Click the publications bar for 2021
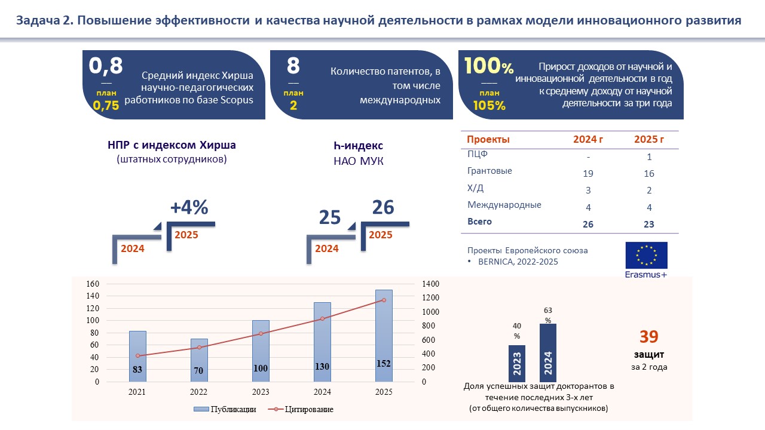pyautogui.click(x=137, y=356)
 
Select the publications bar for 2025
pyautogui.click(x=383, y=336)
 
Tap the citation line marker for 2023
pyautogui.click(x=261, y=333)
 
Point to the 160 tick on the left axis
pyautogui.click(x=91, y=284)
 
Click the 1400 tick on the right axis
pyautogui.click(x=432, y=284)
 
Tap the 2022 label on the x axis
pyautogui.click(x=199, y=392)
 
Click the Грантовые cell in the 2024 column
pyautogui.click(x=588, y=174)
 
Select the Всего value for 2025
pyautogui.click(x=649, y=225)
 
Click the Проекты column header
pyautogui.click(x=488, y=140)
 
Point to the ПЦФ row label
pyautogui.click(x=477, y=155)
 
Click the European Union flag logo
pyautogui.click(x=646, y=255)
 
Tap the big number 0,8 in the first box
pyautogui.click(x=106, y=66)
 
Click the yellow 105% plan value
pyautogui.click(x=489, y=106)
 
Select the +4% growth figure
pyautogui.click(x=189, y=207)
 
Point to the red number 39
pyautogui.click(x=648, y=337)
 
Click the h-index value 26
pyautogui.click(x=383, y=207)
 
